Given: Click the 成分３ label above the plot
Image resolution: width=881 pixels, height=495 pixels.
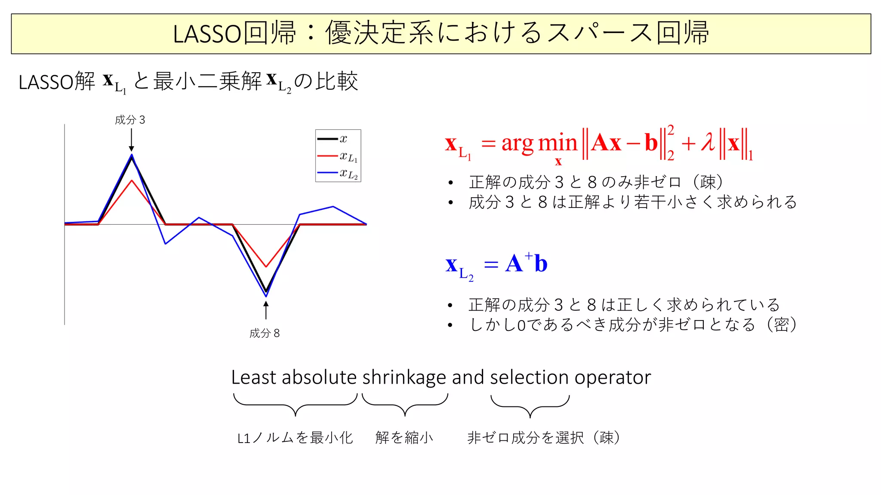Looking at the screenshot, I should click(x=130, y=120).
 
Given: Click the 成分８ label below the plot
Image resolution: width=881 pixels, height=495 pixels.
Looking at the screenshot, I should click(x=264, y=333).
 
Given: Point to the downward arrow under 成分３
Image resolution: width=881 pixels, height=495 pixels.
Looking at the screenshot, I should click(x=131, y=140).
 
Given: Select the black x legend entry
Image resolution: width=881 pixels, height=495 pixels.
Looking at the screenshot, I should click(x=338, y=139).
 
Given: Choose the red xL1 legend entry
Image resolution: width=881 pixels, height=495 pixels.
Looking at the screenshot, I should click(x=338, y=156).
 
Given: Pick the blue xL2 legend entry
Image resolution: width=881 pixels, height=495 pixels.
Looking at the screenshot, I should click(x=338, y=174).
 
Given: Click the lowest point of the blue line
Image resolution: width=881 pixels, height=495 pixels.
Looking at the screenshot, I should click(x=266, y=296).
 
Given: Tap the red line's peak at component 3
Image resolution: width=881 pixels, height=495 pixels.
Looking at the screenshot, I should click(x=132, y=180).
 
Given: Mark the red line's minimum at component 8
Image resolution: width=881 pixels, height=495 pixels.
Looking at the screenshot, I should click(x=266, y=266).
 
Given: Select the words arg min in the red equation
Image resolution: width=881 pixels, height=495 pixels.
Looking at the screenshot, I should click(x=539, y=144).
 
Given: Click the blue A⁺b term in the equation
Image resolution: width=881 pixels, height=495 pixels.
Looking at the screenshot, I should click(x=526, y=263).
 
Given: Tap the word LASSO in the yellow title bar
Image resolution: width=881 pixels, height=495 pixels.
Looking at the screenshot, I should click(x=206, y=34).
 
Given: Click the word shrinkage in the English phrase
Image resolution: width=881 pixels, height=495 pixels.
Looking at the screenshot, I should click(x=404, y=378).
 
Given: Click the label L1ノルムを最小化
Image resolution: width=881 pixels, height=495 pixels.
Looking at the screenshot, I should click(x=295, y=438).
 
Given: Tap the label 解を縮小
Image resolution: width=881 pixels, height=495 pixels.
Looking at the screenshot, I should click(x=404, y=438).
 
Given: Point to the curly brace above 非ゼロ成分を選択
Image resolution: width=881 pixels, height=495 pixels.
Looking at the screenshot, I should click(x=530, y=406).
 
